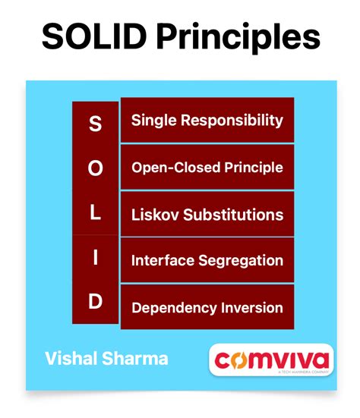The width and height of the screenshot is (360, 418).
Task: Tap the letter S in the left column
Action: point(95,124)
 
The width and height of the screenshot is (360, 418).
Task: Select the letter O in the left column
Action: point(95,168)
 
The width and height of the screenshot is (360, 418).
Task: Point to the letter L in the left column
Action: point(95,213)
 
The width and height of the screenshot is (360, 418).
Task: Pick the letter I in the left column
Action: point(95,258)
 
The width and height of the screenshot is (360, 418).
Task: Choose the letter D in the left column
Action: point(95,303)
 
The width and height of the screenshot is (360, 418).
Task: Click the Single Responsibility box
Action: point(207,120)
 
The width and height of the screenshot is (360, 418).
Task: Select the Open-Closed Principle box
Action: point(207,167)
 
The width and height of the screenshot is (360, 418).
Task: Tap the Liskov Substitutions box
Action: point(207,214)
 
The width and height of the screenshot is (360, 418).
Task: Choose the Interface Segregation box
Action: point(207,260)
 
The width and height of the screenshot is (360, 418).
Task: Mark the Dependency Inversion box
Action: point(207,307)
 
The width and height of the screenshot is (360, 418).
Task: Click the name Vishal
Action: point(69,357)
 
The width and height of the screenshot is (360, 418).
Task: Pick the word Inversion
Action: point(250,307)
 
